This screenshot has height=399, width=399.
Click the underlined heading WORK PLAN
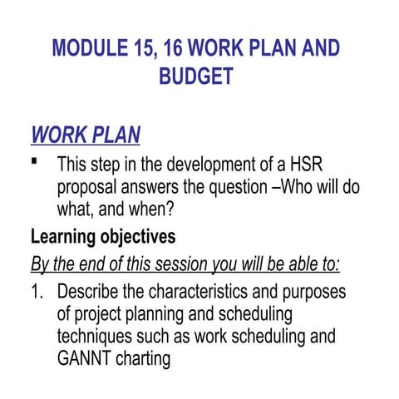[x=85, y=135]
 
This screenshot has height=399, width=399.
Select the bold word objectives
[x=140, y=237]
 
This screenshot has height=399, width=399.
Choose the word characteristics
[x=207, y=294]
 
